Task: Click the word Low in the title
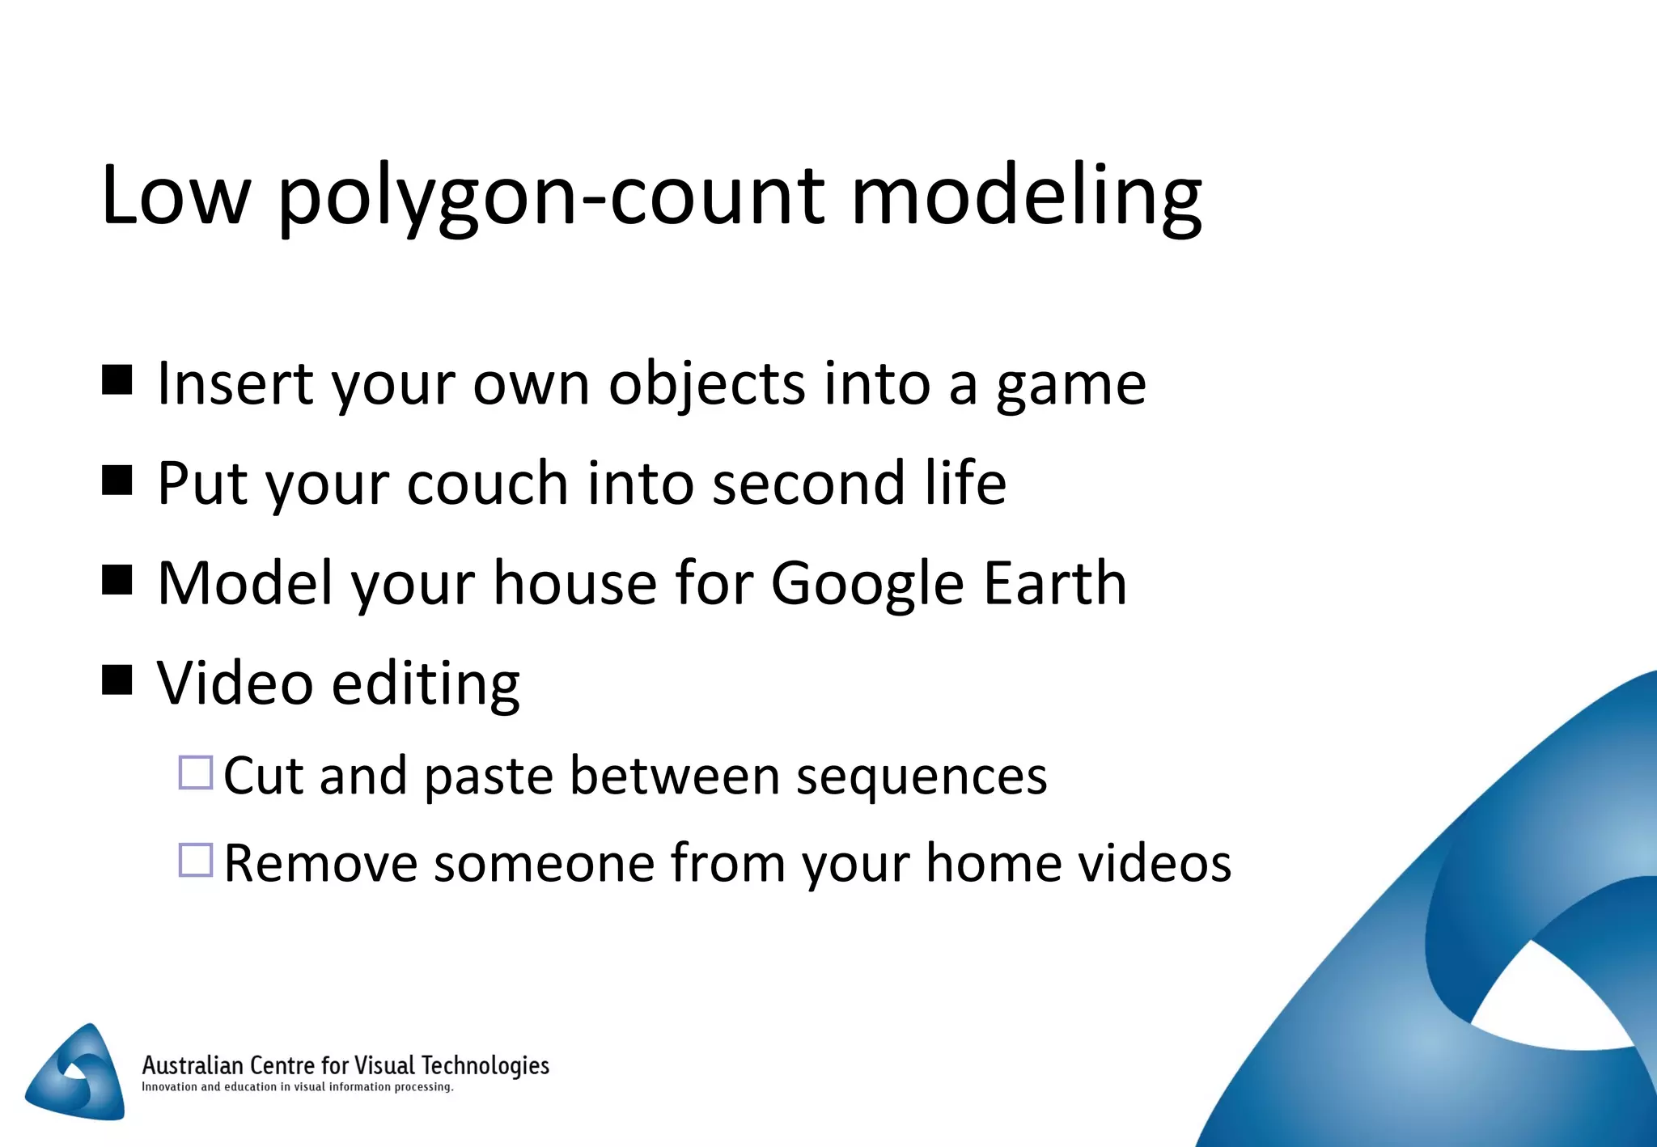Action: (175, 196)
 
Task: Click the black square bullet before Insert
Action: (117, 379)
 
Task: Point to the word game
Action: (1070, 385)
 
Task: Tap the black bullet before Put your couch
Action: (117, 480)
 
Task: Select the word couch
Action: (487, 484)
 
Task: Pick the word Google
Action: (867, 584)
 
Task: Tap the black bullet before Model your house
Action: (117, 580)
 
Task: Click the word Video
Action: (235, 684)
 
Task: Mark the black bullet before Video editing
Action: (117, 680)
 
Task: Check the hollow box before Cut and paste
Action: (196, 772)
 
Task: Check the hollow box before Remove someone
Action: (196, 860)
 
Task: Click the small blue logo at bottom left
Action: (78, 1073)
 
